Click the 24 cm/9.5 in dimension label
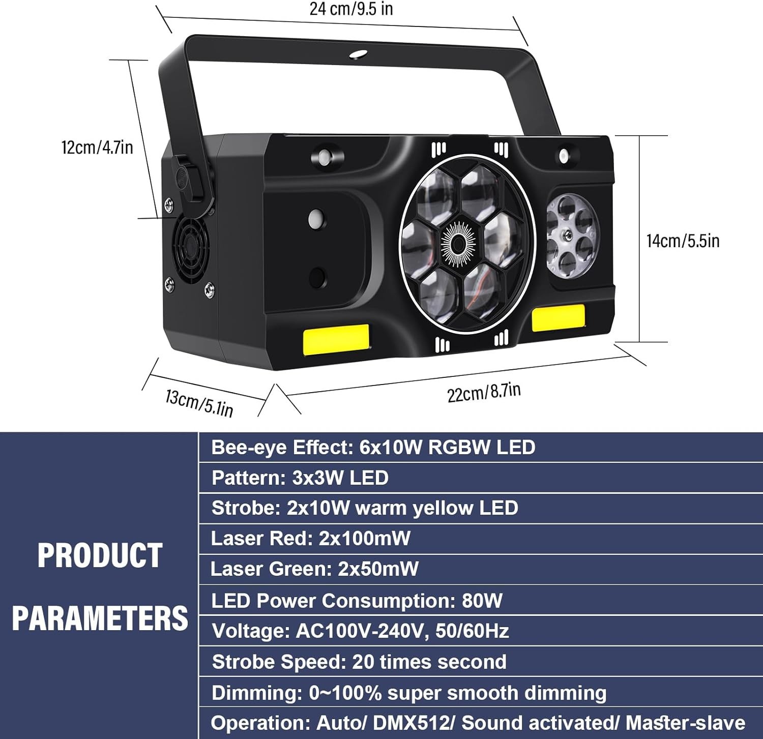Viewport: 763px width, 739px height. pyautogui.click(x=351, y=9)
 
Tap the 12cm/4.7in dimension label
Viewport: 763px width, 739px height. pyautogui.click(x=97, y=147)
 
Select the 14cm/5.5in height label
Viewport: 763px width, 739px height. pyautogui.click(x=683, y=241)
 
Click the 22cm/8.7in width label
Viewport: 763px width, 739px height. pyautogui.click(x=484, y=392)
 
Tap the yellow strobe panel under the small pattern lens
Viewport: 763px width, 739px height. pyautogui.click(x=558, y=317)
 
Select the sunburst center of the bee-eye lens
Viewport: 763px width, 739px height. pyautogui.click(x=458, y=245)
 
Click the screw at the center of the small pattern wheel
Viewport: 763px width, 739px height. pyautogui.click(x=566, y=234)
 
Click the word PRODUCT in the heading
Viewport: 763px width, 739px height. pyautogui.click(x=100, y=555)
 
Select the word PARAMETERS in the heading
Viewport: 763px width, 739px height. pyautogui.click(x=100, y=618)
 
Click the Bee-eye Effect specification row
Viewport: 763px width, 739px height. pyautogui.click(x=373, y=448)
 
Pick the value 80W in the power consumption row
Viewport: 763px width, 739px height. pyautogui.click(x=482, y=601)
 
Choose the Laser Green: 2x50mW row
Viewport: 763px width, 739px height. pyautogui.click(x=314, y=569)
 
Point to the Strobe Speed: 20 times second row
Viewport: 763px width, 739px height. pyautogui.click(x=359, y=662)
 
